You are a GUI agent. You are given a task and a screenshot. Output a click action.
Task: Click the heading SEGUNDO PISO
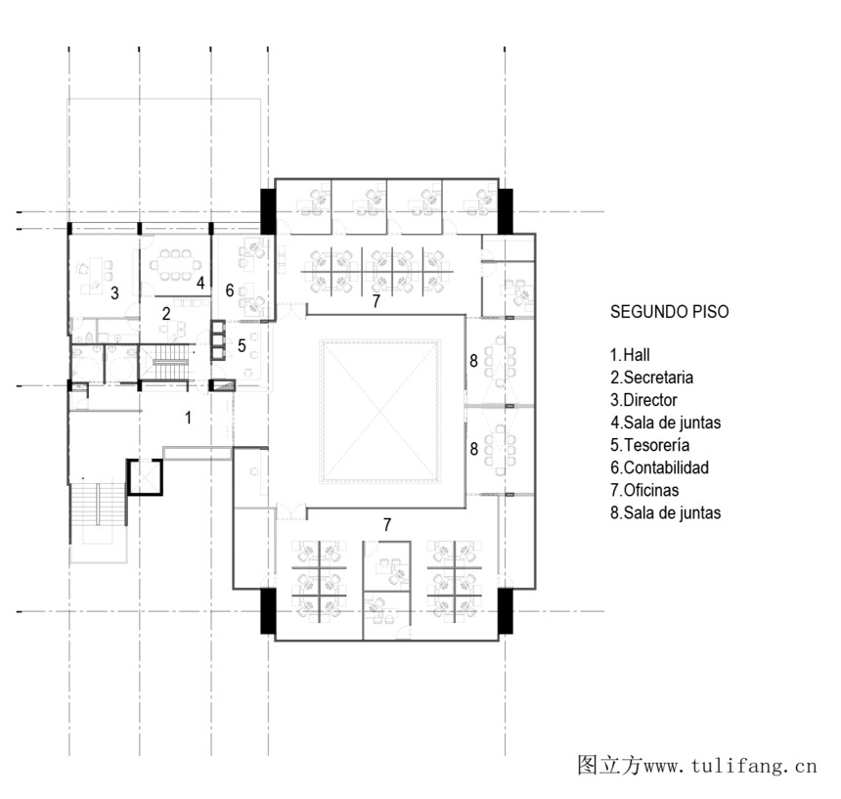tap(669, 312)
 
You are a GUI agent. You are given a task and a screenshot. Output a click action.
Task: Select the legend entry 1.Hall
tap(630, 355)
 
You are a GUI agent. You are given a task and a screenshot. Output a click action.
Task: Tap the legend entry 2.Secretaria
tap(651, 377)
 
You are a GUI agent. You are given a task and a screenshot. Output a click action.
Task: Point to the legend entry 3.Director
tap(643, 400)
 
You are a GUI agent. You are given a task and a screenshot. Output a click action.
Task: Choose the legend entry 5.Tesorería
tap(650, 445)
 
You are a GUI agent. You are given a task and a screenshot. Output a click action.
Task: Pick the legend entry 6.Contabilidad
tap(660, 467)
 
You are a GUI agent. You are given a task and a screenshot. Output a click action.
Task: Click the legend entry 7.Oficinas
tap(644, 490)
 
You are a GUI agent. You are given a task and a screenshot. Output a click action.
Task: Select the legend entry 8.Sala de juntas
tap(666, 512)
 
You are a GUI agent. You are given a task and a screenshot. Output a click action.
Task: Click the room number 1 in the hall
tap(188, 418)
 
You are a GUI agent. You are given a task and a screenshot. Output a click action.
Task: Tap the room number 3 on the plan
tap(114, 293)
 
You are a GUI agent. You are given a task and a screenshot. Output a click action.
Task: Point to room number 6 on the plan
tap(230, 290)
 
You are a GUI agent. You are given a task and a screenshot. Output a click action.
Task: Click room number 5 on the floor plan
tap(242, 346)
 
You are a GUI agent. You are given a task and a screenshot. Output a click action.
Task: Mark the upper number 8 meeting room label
tap(473, 361)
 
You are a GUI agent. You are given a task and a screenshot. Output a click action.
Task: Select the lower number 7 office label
tap(387, 524)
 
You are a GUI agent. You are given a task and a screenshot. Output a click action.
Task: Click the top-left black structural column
tap(268, 211)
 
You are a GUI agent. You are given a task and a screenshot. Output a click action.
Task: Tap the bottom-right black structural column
tap(506, 611)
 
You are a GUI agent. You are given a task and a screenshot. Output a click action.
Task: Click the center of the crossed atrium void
tap(380, 412)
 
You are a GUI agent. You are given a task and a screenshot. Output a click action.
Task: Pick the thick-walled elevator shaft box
tap(145, 476)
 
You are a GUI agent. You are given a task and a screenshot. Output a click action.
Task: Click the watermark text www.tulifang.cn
tap(730, 766)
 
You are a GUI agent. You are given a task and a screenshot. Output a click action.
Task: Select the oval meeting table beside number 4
tap(175, 264)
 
